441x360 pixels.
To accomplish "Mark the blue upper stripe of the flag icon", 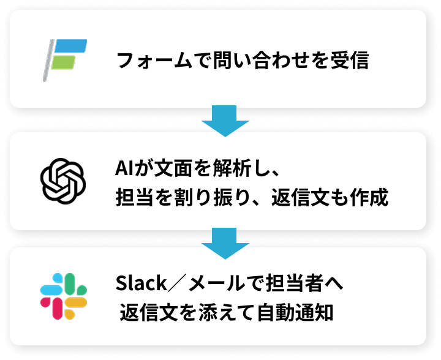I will [71, 46].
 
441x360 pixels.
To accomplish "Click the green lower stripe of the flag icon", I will [64, 62].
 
